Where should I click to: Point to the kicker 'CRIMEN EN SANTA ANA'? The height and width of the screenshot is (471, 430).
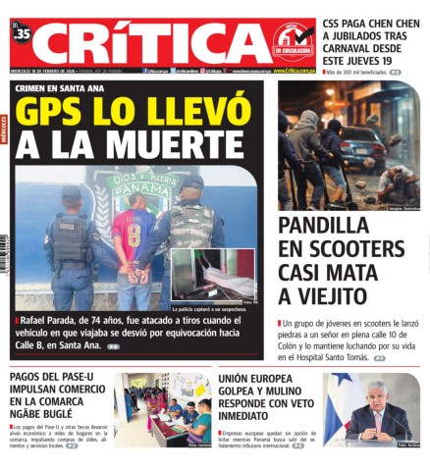click(x=59, y=88)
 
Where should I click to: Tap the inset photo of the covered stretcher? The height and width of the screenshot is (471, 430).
click(x=213, y=274)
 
